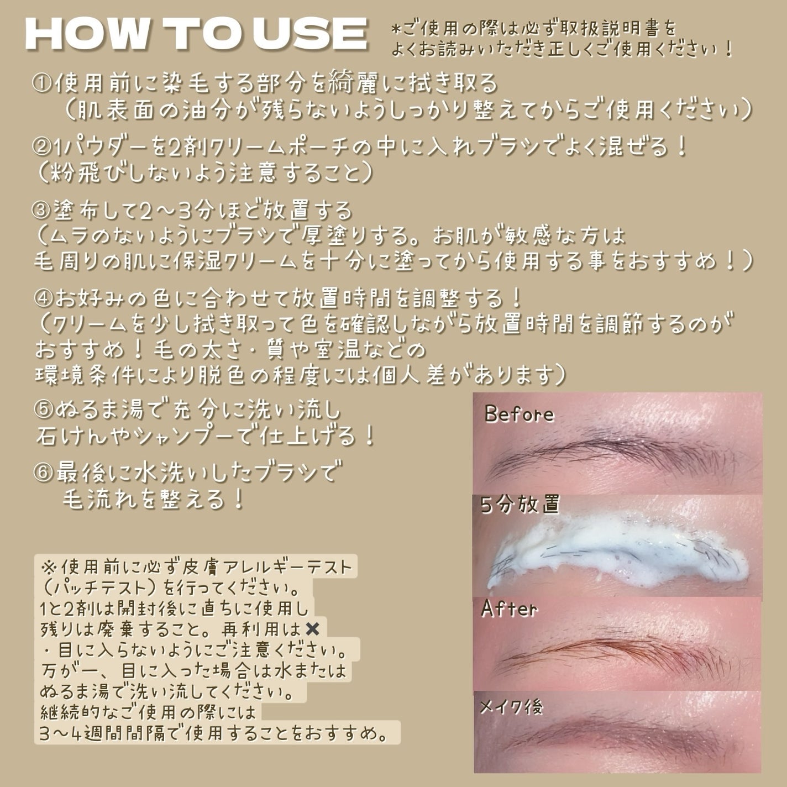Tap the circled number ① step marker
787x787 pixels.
42,83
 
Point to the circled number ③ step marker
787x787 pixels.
42,211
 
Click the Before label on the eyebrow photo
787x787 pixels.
519,414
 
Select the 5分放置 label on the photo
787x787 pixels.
520,505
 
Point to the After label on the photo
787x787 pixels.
509,608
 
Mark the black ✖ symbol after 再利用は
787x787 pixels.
312,629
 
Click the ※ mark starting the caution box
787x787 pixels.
49,567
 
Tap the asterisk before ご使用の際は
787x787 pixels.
395,29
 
